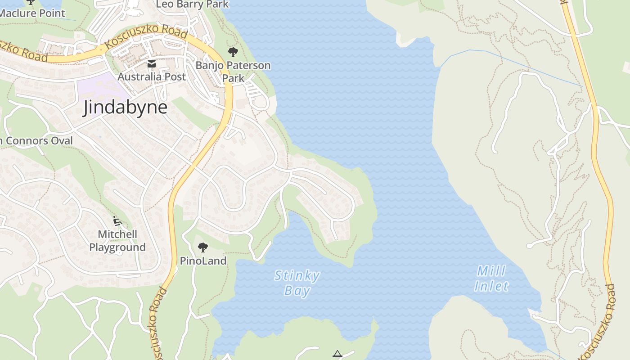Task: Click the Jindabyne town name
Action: [125, 108]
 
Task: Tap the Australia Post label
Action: [152, 77]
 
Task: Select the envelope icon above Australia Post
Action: [152, 64]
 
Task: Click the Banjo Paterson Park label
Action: [233, 72]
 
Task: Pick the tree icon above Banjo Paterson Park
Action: [233, 52]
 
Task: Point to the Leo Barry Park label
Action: [192, 4]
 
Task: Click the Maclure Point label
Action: [32, 13]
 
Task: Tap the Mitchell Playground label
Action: [117, 241]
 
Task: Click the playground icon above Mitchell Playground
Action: [117, 220]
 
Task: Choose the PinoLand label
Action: [203, 261]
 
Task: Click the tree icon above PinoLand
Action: [203, 247]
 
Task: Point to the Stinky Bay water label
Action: [297, 283]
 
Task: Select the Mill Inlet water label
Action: [491, 279]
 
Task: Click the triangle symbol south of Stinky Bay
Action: [337, 354]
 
